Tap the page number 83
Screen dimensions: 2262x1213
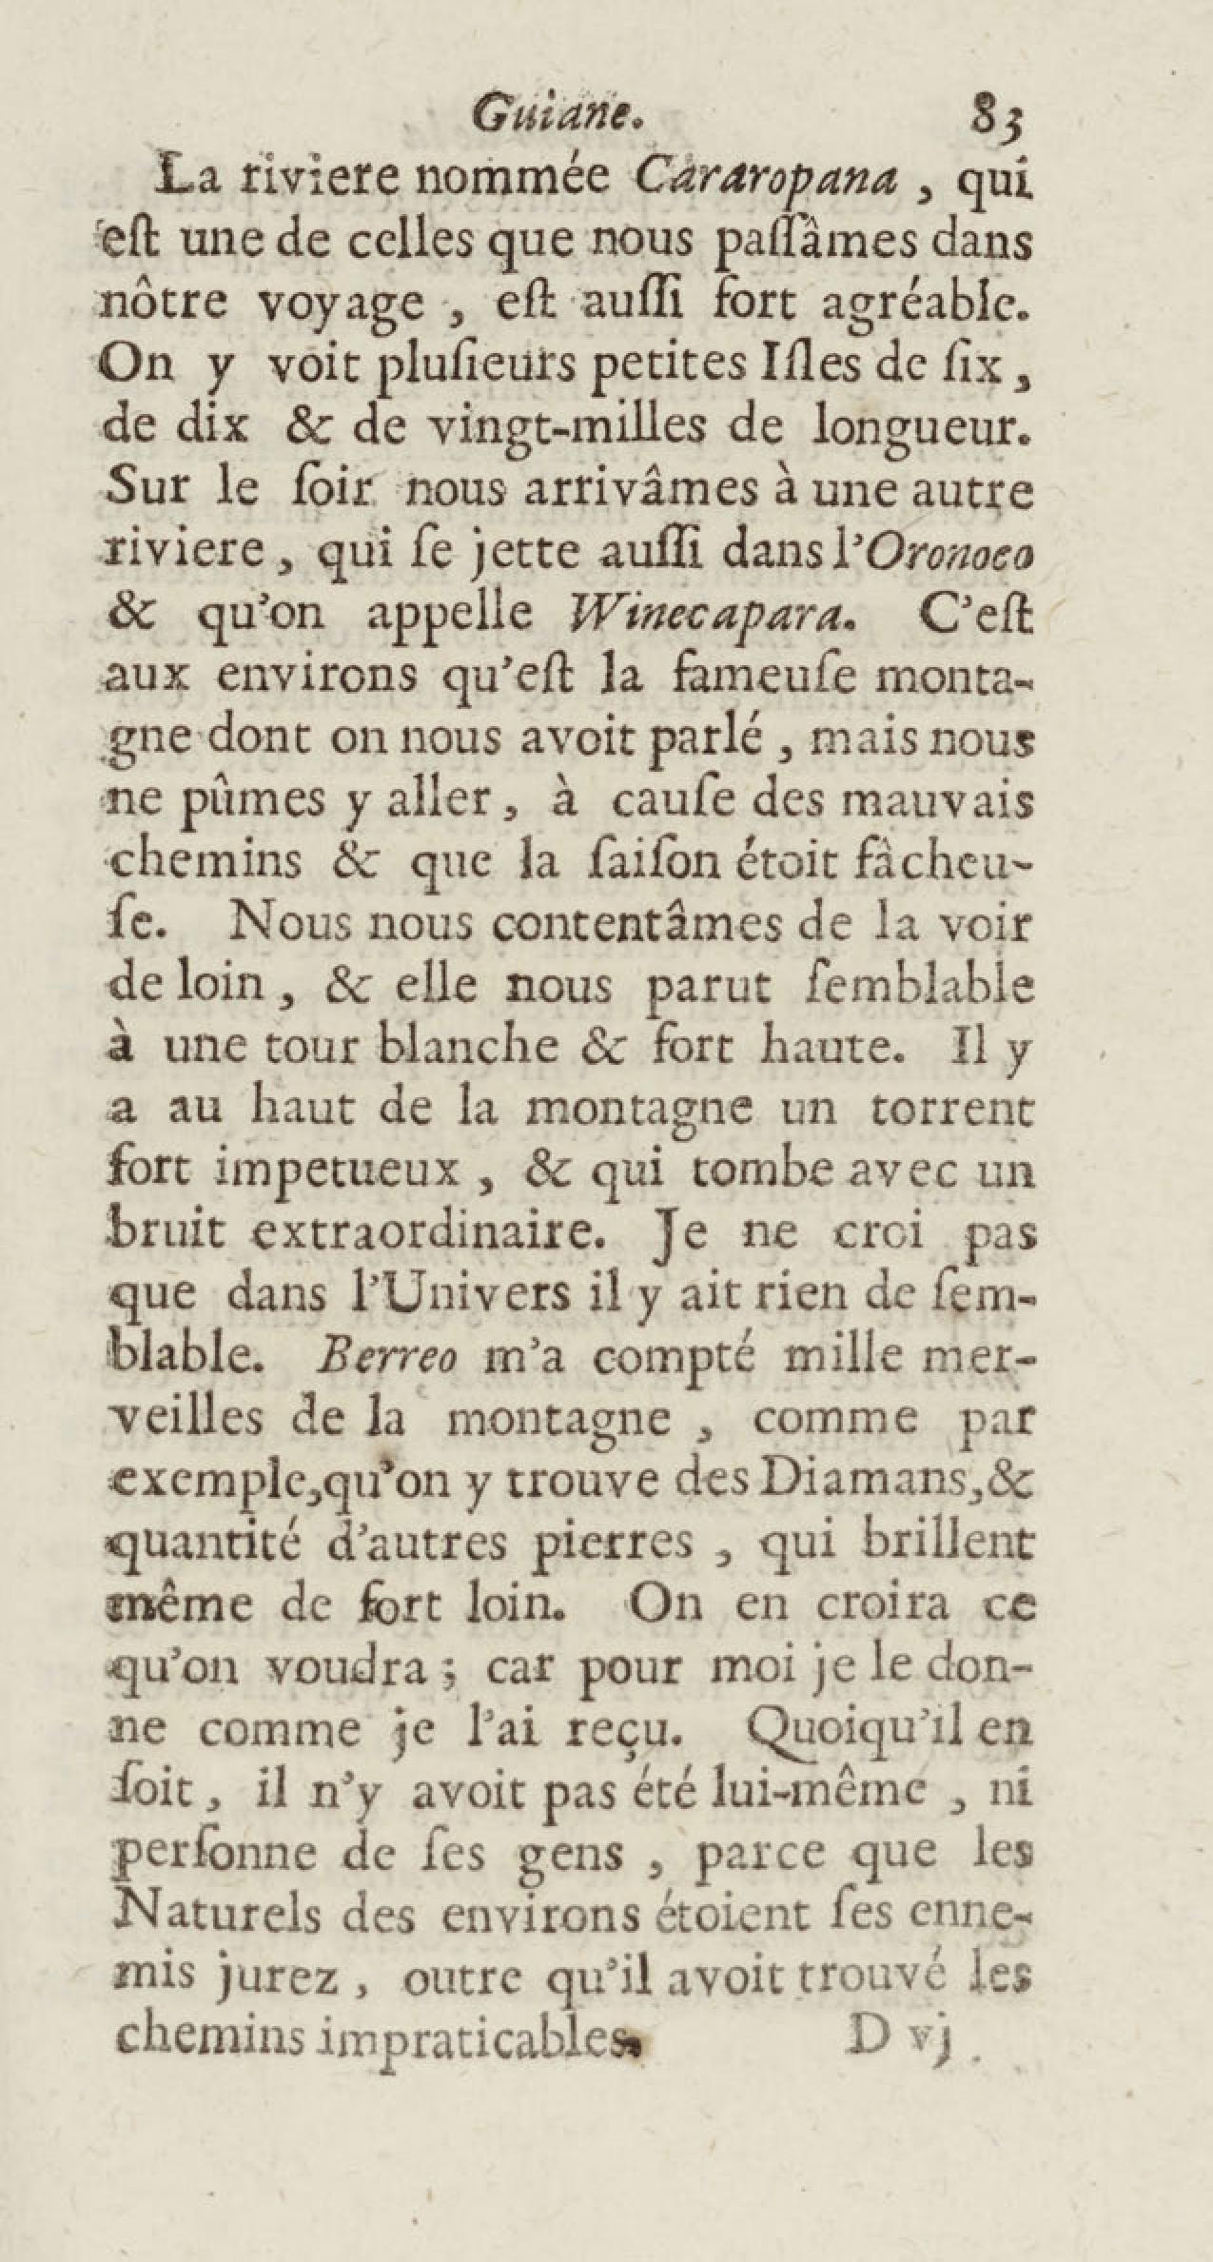coord(993,121)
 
